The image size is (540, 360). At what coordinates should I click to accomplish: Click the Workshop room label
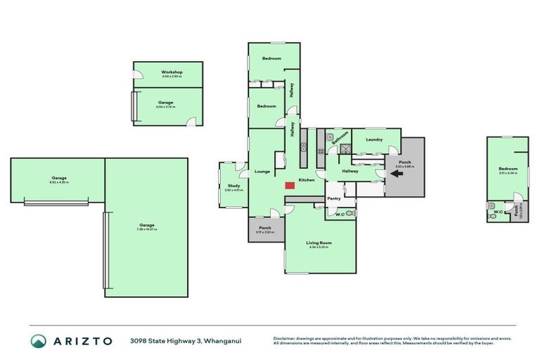point(172,72)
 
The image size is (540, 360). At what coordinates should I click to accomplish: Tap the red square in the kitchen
point(290,185)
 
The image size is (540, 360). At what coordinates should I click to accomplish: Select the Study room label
point(233,186)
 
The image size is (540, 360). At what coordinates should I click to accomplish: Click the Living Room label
point(320,243)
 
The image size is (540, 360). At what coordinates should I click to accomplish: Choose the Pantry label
point(333,198)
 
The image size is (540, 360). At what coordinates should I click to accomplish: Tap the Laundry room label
point(374,139)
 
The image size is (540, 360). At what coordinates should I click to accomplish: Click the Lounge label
point(262,171)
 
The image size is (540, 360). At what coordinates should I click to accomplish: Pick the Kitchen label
point(307,181)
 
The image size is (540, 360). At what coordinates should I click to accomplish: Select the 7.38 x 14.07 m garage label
point(146,226)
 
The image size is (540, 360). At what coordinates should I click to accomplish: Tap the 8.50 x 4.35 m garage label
point(59,179)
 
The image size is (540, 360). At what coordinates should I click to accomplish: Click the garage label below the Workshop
point(166,103)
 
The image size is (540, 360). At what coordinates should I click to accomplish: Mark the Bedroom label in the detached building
point(508,169)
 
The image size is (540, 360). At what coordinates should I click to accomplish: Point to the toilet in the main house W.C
point(349,213)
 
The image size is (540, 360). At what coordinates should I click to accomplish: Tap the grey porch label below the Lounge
point(265,228)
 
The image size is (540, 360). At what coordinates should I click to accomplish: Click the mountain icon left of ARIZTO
point(39,341)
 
